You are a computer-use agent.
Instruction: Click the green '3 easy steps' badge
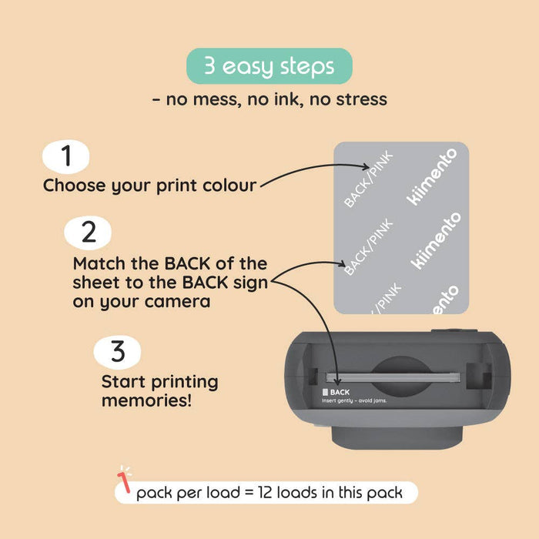pos(269,66)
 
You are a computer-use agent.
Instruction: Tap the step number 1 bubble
pos(66,156)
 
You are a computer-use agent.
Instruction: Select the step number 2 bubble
pos(87,232)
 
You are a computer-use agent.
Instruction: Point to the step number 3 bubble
pos(117,352)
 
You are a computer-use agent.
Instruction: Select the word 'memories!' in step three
pos(147,401)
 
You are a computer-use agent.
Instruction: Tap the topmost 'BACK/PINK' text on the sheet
pos(368,179)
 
